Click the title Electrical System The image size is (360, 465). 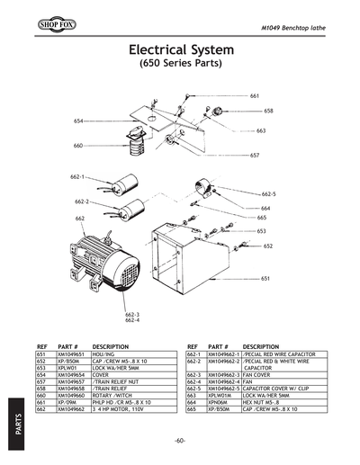(x=180, y=49)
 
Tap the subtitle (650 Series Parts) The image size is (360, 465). (x=180, y=66)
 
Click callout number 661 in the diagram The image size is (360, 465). (x=255, y=95)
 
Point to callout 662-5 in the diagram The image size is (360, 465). (x=268, y=193)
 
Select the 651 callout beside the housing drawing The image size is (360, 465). (x=265, y=279)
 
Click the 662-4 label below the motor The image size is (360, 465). (x=131, y=320)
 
